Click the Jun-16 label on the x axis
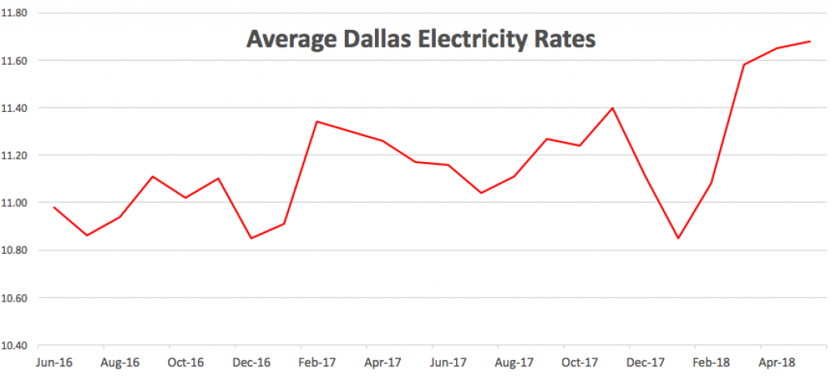pyautogui.click(x=54, y=362)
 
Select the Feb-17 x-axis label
pyautogui.click(x=316, y=362)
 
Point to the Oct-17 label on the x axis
pyautogui.click(x=579, y=362)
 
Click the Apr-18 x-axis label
pyautogui.click(x=777, y=362)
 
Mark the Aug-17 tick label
pyautogui.click(x=514, y=362)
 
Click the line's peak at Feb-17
pyautogui.click(x=316, y=122)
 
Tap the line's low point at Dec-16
pyautogui.click(x=251, y=238)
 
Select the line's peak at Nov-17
pyautogui.click(x=613, y=108)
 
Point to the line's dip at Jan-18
pyautogui.click(x=678, y=238)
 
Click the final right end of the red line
pyautogui.click(x=810, y=41)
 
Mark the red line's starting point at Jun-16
pyautogui.click(x=54, y=207)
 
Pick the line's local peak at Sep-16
pyautogui.click(x=153, y=176)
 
